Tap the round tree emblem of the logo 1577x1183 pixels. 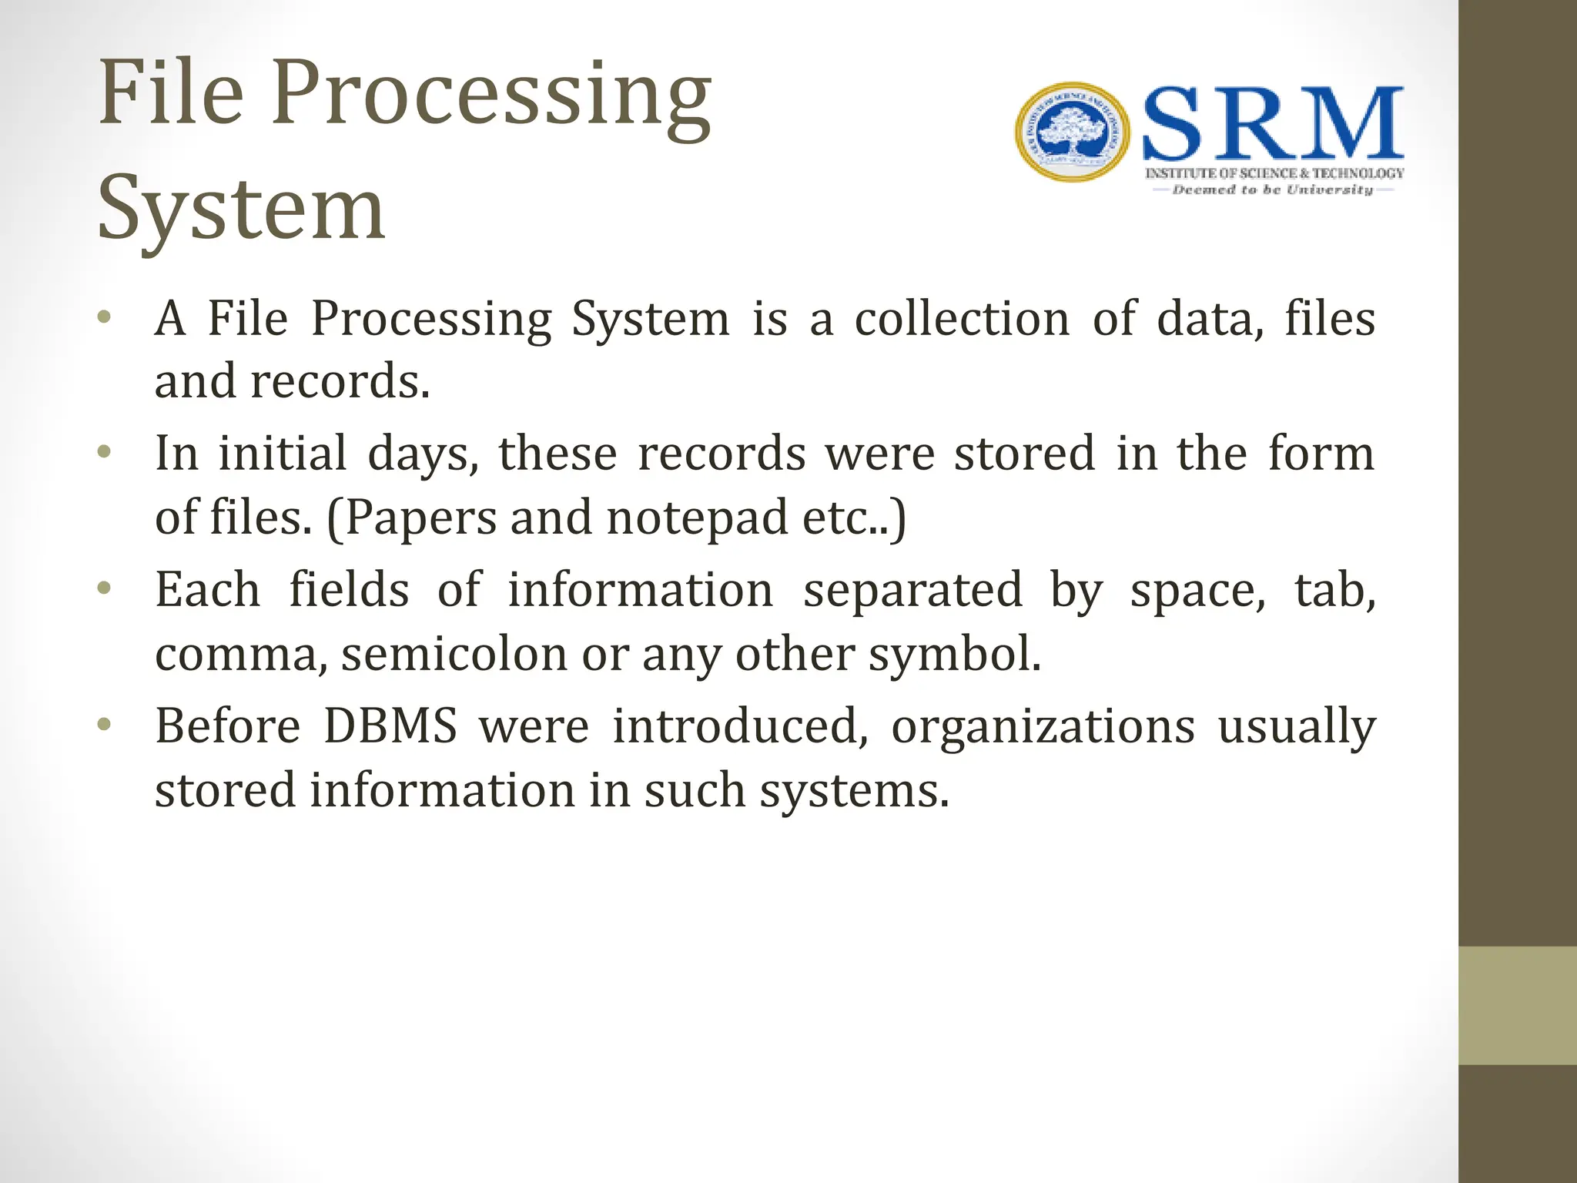(1073, 132)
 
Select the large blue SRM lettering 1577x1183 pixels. (1273, 123)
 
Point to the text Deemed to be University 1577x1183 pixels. (1272, 189)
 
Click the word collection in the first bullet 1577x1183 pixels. (962, 318)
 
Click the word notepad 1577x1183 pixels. (697, 518)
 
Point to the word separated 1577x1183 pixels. (912, 590)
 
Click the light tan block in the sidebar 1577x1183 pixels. (1517, 1005)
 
